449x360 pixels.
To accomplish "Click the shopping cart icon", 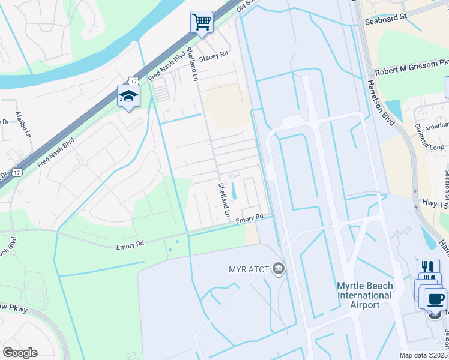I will [202, 22].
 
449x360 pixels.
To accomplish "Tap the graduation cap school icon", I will [128, 96].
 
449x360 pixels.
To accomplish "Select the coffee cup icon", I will [436, 299].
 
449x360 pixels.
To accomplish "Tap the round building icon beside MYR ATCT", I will [278, 267].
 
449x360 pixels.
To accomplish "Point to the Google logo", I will [20, 352].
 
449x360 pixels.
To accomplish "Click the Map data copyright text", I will [423, 355].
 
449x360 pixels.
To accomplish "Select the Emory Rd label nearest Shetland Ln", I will [249, 219].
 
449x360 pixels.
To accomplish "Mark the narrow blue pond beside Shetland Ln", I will [234, 191].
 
